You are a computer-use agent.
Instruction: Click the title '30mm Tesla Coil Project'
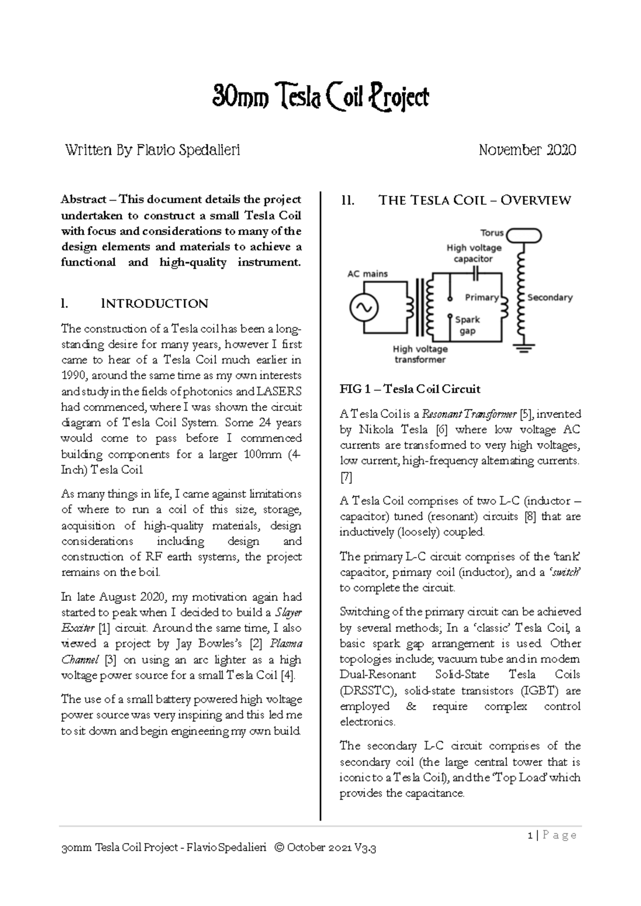[x=320, y=98]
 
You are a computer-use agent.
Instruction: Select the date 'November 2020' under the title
[x=527, y=150]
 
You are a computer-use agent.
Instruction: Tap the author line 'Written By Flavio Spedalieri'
[x=152, y=150]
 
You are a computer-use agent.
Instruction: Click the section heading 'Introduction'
[x=154, y=304]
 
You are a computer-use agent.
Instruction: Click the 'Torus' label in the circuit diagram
[x=492, y=233]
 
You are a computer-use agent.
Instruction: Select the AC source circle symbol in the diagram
[x=364, y=307]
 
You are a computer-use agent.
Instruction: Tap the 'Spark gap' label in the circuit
[x=467, y=325]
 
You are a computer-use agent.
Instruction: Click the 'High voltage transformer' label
[x=420, y=354]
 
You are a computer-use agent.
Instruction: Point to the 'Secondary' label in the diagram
[x=550, y=297]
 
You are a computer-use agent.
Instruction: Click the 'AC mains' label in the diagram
[x=368, y=274]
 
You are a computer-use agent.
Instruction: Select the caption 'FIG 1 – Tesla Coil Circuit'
[x=410, y=389]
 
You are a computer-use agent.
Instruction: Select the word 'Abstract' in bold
[x=83, y=200]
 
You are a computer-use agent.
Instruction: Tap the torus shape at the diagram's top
[x=524, y=235]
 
